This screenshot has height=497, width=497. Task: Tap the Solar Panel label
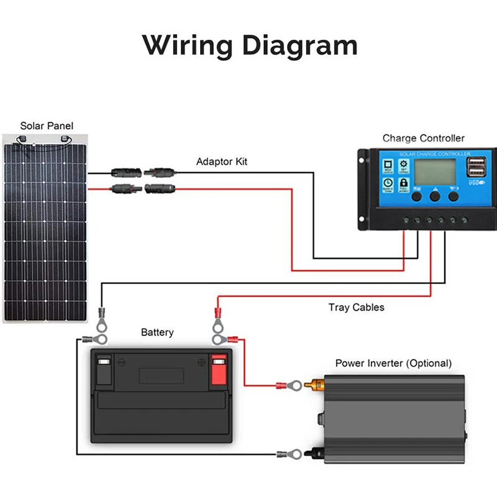click(x=47, y=126)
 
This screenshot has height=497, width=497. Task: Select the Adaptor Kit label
click(x=222, y=162)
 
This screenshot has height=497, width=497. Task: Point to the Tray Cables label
click(x=356, y=307)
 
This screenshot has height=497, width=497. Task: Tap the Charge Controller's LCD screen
click(x=434, y=172)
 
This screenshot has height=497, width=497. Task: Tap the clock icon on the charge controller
click(x=387, y=183)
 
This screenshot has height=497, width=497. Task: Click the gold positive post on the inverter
click(x=316, y=386)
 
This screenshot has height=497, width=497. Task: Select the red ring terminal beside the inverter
click(x=292, y=386)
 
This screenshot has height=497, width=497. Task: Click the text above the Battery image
click(x=157, y=332)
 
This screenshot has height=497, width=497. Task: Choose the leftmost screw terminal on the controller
click(x=405, y=219)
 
